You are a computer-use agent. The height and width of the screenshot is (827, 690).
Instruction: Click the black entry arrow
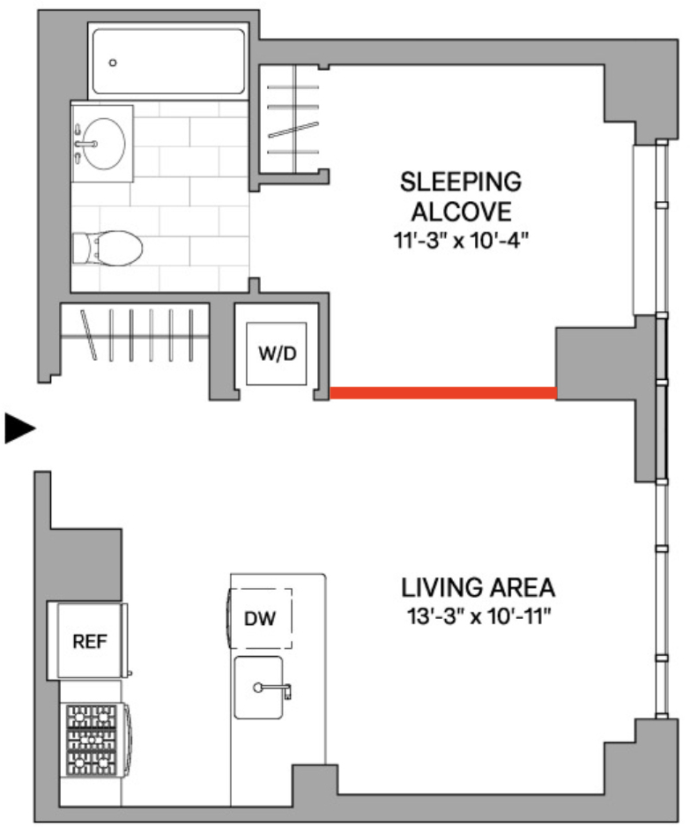[20, 428]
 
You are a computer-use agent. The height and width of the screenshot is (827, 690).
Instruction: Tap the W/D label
[278, 354]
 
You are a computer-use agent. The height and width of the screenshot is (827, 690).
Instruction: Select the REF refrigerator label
[90, 641]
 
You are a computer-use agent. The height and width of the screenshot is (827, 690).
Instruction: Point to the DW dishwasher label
[260, 618]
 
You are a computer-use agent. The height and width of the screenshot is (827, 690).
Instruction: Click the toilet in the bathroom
[108, 248]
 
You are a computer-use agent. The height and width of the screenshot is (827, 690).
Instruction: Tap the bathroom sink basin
[104, 144]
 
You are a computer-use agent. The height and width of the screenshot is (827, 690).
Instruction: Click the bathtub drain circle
[112, 63]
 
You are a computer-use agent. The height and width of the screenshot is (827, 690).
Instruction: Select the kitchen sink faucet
[272, 689]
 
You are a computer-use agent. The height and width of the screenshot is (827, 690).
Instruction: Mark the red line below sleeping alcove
[443, 393]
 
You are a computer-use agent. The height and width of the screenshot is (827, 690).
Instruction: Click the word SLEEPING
[461, 182]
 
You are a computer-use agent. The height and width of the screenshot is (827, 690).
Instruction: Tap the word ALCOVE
[461, 212]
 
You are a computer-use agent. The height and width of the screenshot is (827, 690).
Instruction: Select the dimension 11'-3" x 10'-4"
[461, 241]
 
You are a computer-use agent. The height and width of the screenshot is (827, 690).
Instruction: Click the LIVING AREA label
[479, 587]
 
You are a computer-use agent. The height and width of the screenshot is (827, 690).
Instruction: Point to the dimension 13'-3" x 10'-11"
[479, 616]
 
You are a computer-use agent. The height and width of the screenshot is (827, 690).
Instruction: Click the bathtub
[168, 61]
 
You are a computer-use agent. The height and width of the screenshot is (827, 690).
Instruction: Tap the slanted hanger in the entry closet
[88, 335]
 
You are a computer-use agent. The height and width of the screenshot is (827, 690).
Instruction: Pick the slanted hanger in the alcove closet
[293, 130]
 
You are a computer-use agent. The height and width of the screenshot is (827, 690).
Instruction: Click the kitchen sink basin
[258, 688]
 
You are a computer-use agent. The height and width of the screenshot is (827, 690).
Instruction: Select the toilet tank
[81, 249]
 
